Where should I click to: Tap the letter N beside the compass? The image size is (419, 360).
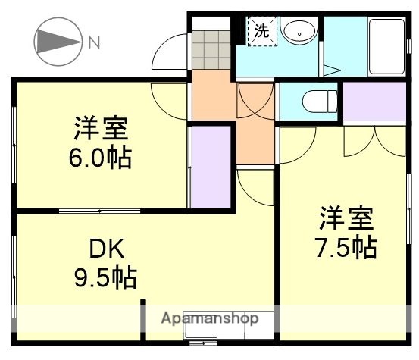[94, 43]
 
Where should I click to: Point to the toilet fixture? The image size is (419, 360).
[319, 100]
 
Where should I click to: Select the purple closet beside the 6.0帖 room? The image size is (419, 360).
[210, 167]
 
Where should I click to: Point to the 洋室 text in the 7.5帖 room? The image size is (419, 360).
[346, 218]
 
